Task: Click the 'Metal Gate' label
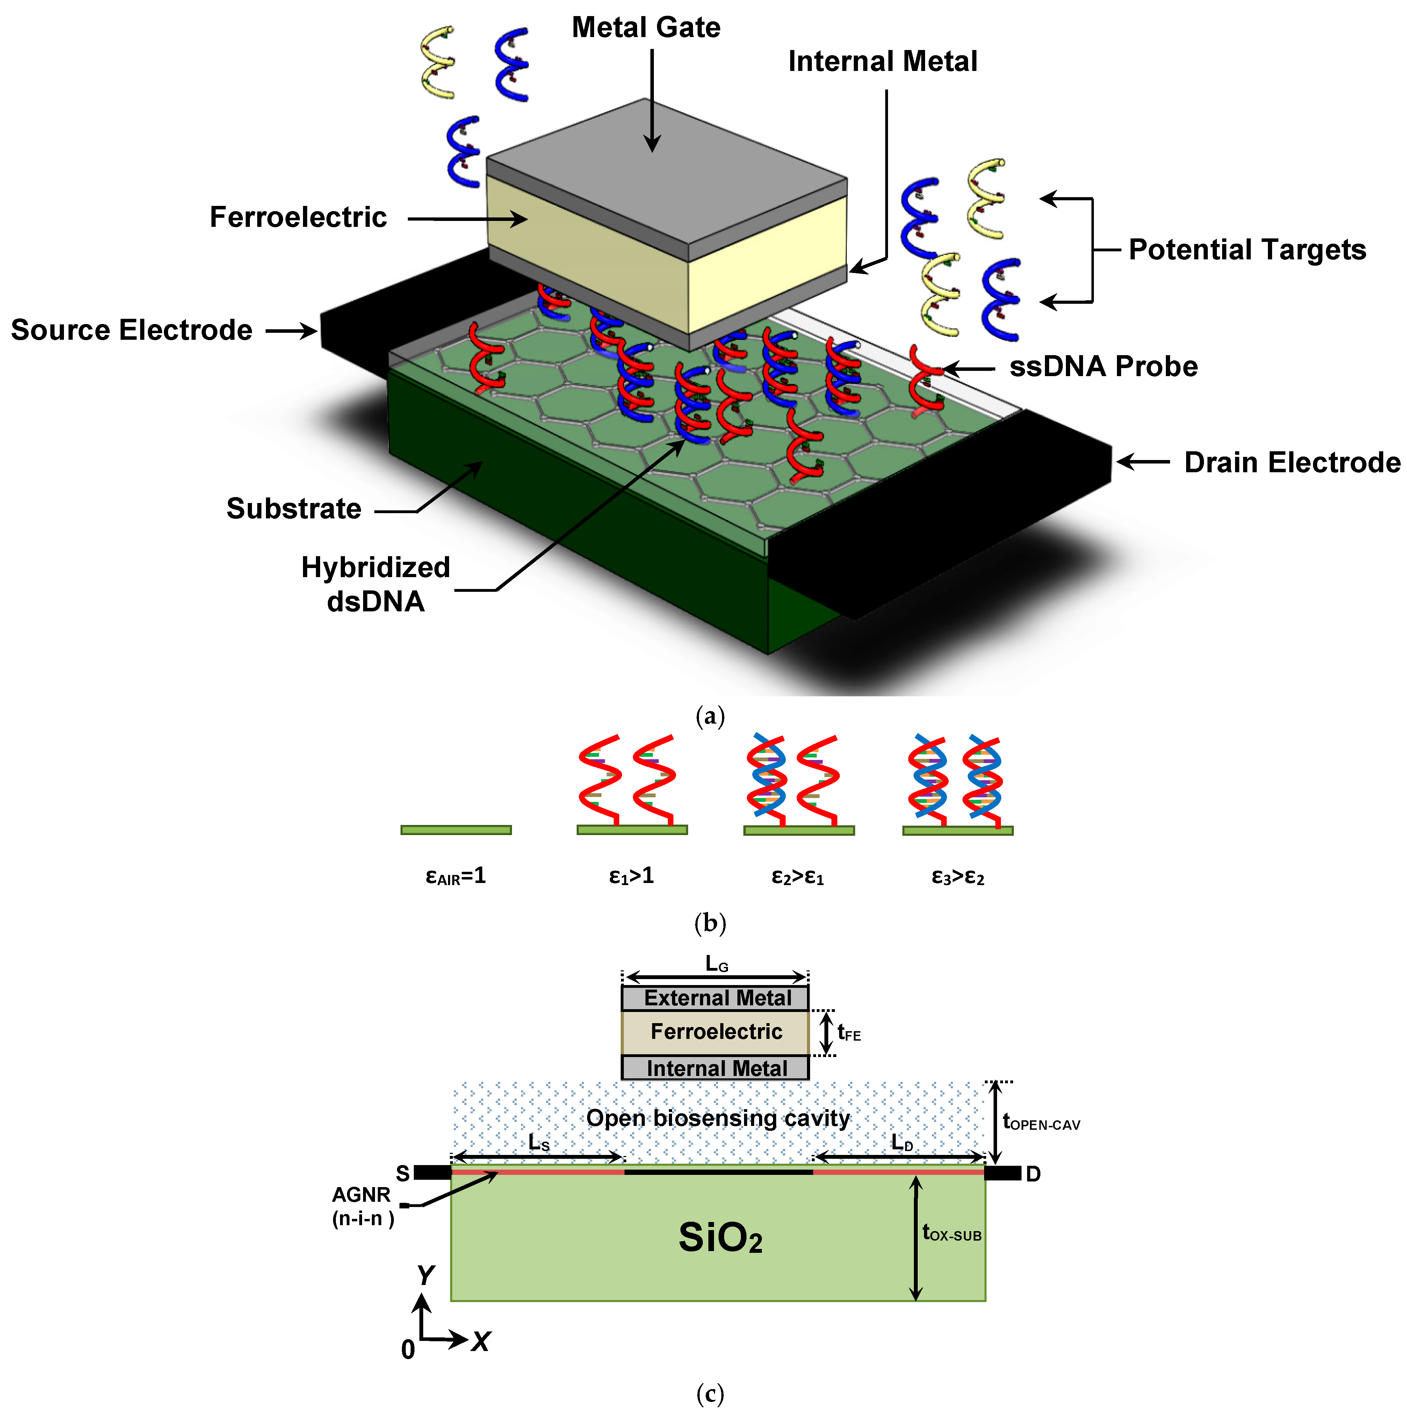coord(646,28)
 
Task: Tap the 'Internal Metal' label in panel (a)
coord(882,62)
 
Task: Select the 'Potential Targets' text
coord(1247,250)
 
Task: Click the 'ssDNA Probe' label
coord(1103,366)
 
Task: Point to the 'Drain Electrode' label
coord(1292,463)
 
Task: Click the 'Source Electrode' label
coord(132,330)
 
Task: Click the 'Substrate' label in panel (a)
coord(294,508)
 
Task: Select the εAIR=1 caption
coord(455,876)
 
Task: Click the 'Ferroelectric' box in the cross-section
coord(716,1032)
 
